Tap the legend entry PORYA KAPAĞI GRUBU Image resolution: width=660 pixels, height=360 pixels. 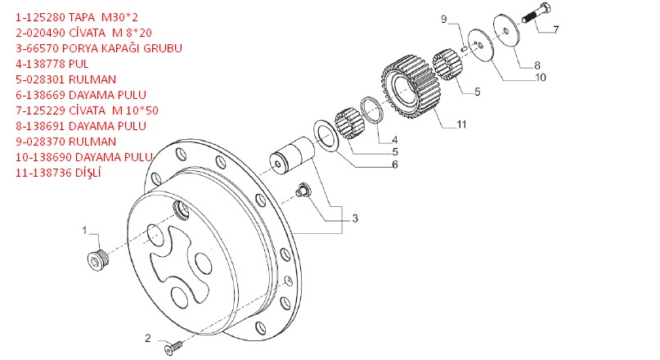coord(98,48)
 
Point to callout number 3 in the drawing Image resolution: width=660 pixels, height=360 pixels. coord(354,218)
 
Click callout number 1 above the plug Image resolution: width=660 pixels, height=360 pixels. coord(83,231)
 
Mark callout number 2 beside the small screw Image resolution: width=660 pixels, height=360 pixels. coord(148,337)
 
